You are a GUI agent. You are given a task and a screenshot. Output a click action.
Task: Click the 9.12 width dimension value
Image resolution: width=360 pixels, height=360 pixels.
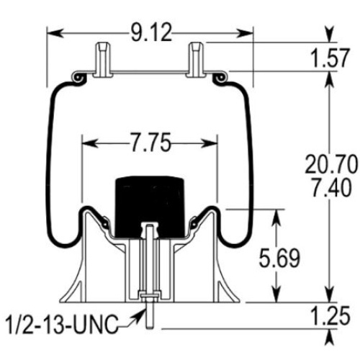(151, 33)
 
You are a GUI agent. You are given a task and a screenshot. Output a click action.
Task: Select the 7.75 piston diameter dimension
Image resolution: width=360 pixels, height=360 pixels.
(150, 143)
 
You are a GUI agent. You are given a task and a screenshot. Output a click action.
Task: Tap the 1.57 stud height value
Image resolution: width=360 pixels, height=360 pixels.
(329, 58)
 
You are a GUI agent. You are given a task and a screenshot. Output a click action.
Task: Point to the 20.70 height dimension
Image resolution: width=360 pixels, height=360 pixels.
(331, 164)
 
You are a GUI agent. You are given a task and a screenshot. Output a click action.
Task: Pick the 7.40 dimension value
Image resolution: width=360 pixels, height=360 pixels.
(331, 187)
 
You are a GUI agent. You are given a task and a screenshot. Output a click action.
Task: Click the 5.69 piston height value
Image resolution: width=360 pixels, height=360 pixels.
(279, 258)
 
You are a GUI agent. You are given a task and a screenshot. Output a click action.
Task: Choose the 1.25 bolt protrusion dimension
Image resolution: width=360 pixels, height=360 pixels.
(330, 316)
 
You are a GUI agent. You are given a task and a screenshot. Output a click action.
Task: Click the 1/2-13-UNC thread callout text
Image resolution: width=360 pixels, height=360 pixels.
(63, 324)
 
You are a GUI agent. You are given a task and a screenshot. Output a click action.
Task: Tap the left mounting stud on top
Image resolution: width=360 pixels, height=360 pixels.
(103, 60)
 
